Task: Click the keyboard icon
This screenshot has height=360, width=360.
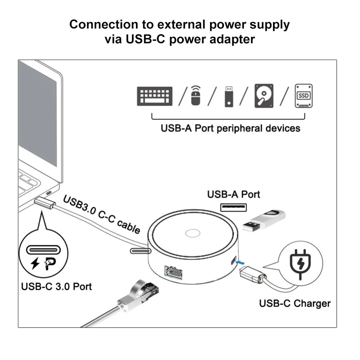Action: click(155, 96)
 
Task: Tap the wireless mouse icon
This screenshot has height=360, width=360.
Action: click(196, 96)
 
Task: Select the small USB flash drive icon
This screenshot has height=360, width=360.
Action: click(228, 96)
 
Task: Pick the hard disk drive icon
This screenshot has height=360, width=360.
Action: click(264, 96)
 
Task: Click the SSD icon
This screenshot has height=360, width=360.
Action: click(303, 96)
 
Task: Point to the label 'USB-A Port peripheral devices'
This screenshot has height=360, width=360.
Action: click(230, 128)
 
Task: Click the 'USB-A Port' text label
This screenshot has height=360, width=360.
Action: click(233, 195)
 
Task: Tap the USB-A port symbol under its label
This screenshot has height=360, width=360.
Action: click(233, 208)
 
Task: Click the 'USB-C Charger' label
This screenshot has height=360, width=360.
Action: click(295, 303)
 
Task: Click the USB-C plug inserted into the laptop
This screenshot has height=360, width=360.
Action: click(45, 204)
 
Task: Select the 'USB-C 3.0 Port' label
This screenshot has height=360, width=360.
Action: click(56, 286)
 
